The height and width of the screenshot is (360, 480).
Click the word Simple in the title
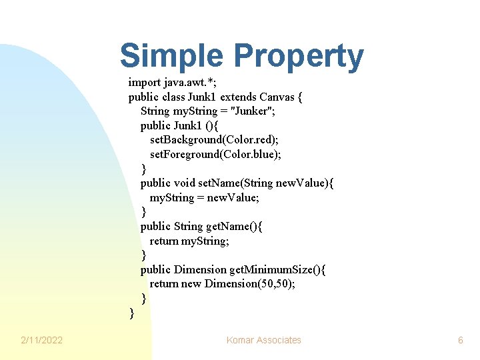point(172,56)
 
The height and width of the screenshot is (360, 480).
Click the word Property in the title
point(297,57)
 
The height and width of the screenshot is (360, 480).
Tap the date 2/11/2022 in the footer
point(41,340)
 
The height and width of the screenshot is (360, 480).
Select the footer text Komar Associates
point(264,340)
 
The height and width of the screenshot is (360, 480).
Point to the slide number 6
point(460,340)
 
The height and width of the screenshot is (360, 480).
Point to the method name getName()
point(233,226)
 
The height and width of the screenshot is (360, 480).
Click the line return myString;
point(189,241)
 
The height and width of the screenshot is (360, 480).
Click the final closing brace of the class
point(131,312)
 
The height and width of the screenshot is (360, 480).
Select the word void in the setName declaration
point(185,183)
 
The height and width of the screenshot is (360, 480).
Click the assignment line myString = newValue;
point(204,197)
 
